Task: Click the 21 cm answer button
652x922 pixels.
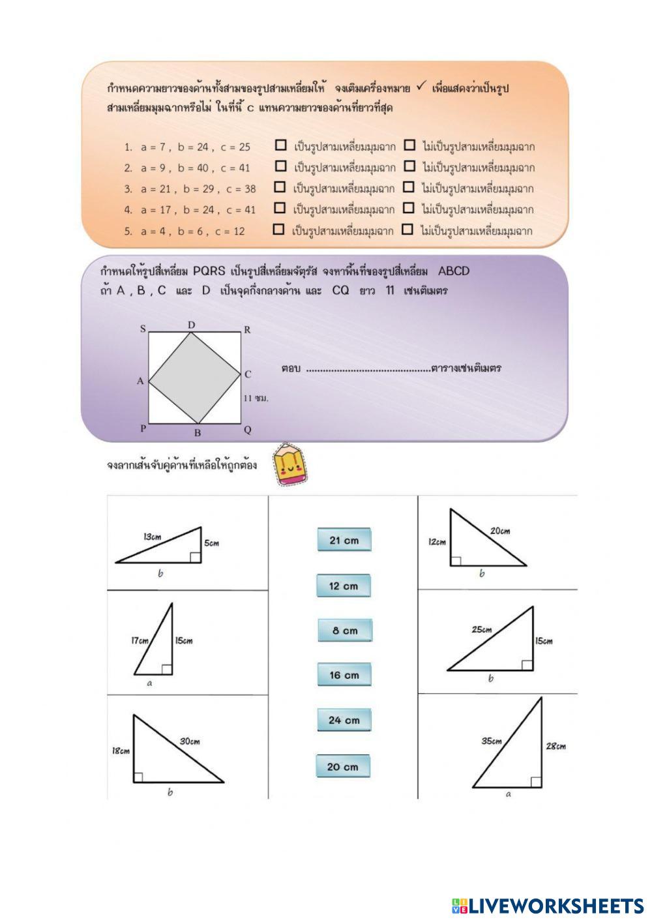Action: (x=344, y=540)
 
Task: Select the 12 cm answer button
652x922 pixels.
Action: (x=344, y=586)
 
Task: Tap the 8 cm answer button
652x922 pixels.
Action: (x=344, y=631)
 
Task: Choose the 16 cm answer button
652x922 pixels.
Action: (x=344, y=675)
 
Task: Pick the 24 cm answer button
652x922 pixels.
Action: (x=344, y=720)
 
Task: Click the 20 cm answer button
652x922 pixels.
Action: (x=343, y=766)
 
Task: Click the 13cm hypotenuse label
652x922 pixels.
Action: (x=152, y=537)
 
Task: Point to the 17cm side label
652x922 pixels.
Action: (x=140, y=640)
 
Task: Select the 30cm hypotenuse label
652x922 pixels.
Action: (x=190, y=741)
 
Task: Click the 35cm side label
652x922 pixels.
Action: (x=492, y=741)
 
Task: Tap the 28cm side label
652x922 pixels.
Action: (x=556, y=746)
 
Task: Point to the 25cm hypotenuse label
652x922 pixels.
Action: (x=482, y=630)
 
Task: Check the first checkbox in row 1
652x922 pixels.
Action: (x=281, y=145)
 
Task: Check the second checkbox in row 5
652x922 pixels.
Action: (x=407, y=230)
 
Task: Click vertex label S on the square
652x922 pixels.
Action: (x=143, y=329)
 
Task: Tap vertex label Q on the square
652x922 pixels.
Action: (x=248, y=430)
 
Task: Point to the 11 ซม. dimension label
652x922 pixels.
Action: (x=256, y=398)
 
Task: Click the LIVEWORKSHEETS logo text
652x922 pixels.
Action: (x=556, y=906)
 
